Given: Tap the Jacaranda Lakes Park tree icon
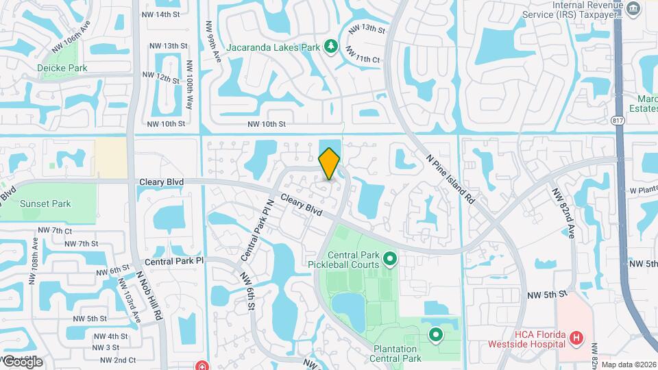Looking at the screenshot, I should [x=331, y=46].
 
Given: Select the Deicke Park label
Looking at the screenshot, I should [x=62, y=68].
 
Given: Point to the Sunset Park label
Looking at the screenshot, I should [x=45, y=203].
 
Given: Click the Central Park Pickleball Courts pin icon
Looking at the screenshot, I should [x=390, y=259].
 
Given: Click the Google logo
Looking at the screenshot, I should [x=22, y=361].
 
